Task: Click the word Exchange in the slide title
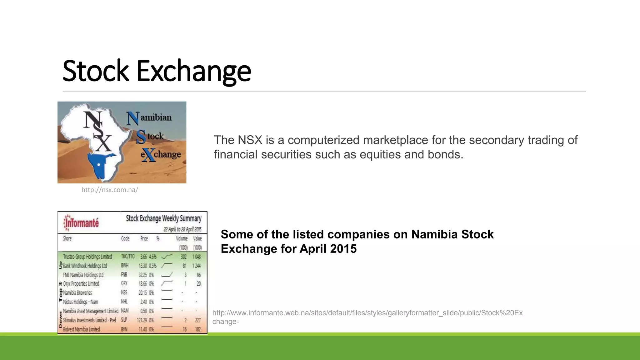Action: tap(193, 71)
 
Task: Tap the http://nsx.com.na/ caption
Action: tap(110, 190)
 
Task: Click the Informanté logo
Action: tap(82, 222)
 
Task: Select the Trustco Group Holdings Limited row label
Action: tap(87, 257)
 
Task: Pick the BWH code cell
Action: tap(125, 266)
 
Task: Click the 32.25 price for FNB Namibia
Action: tap(142, 275)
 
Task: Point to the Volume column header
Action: tap(182, 238)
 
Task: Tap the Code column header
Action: tap(125, 238)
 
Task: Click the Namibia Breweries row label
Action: tap(77, 293)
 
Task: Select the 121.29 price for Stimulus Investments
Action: tap(142, 320)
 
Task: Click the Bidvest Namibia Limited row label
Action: tap(82, 329)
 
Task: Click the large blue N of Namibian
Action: tap(132, 118)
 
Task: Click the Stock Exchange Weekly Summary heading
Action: tap(164, 218)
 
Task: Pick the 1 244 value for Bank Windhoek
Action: tap(197, 266)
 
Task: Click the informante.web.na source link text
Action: tap(367, 313)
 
